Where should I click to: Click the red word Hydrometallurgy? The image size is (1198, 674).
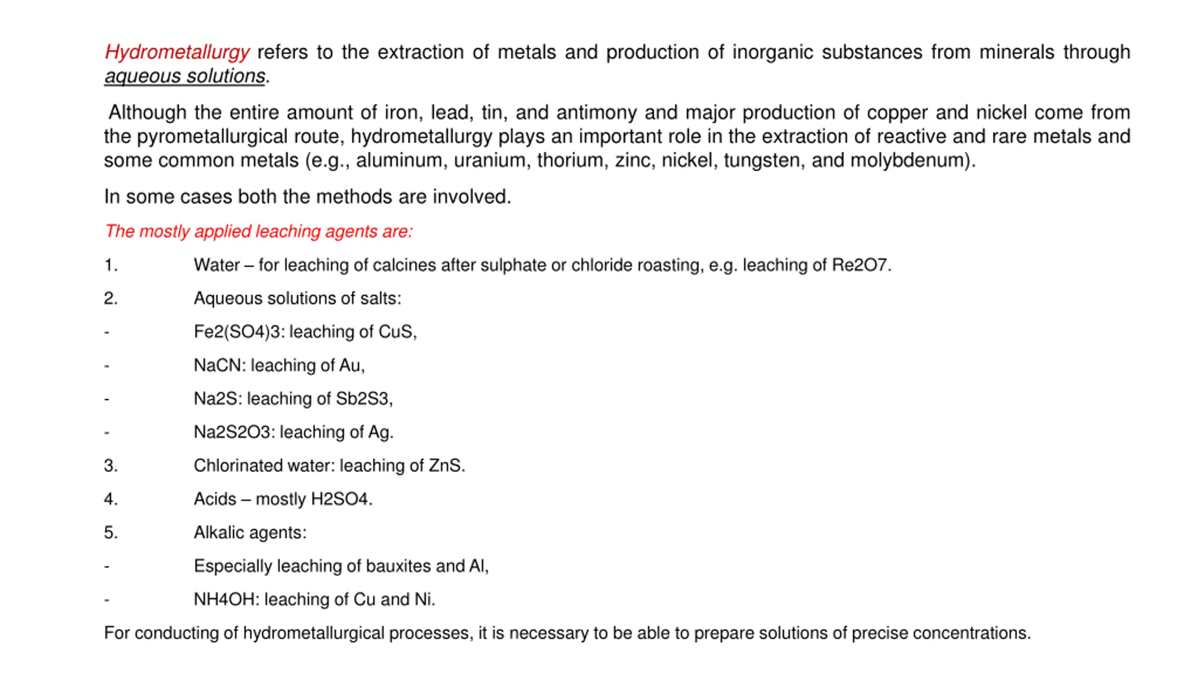click(x=177, y=52)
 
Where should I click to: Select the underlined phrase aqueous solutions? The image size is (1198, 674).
click(x=185, y=76)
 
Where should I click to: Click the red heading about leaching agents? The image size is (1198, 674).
click(x=259, y=231)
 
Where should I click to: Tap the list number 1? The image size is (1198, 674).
click(x=110, y=265)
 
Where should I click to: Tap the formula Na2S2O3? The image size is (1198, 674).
click(x=232, y=432)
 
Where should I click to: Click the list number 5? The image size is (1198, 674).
click(x=110, y=533)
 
